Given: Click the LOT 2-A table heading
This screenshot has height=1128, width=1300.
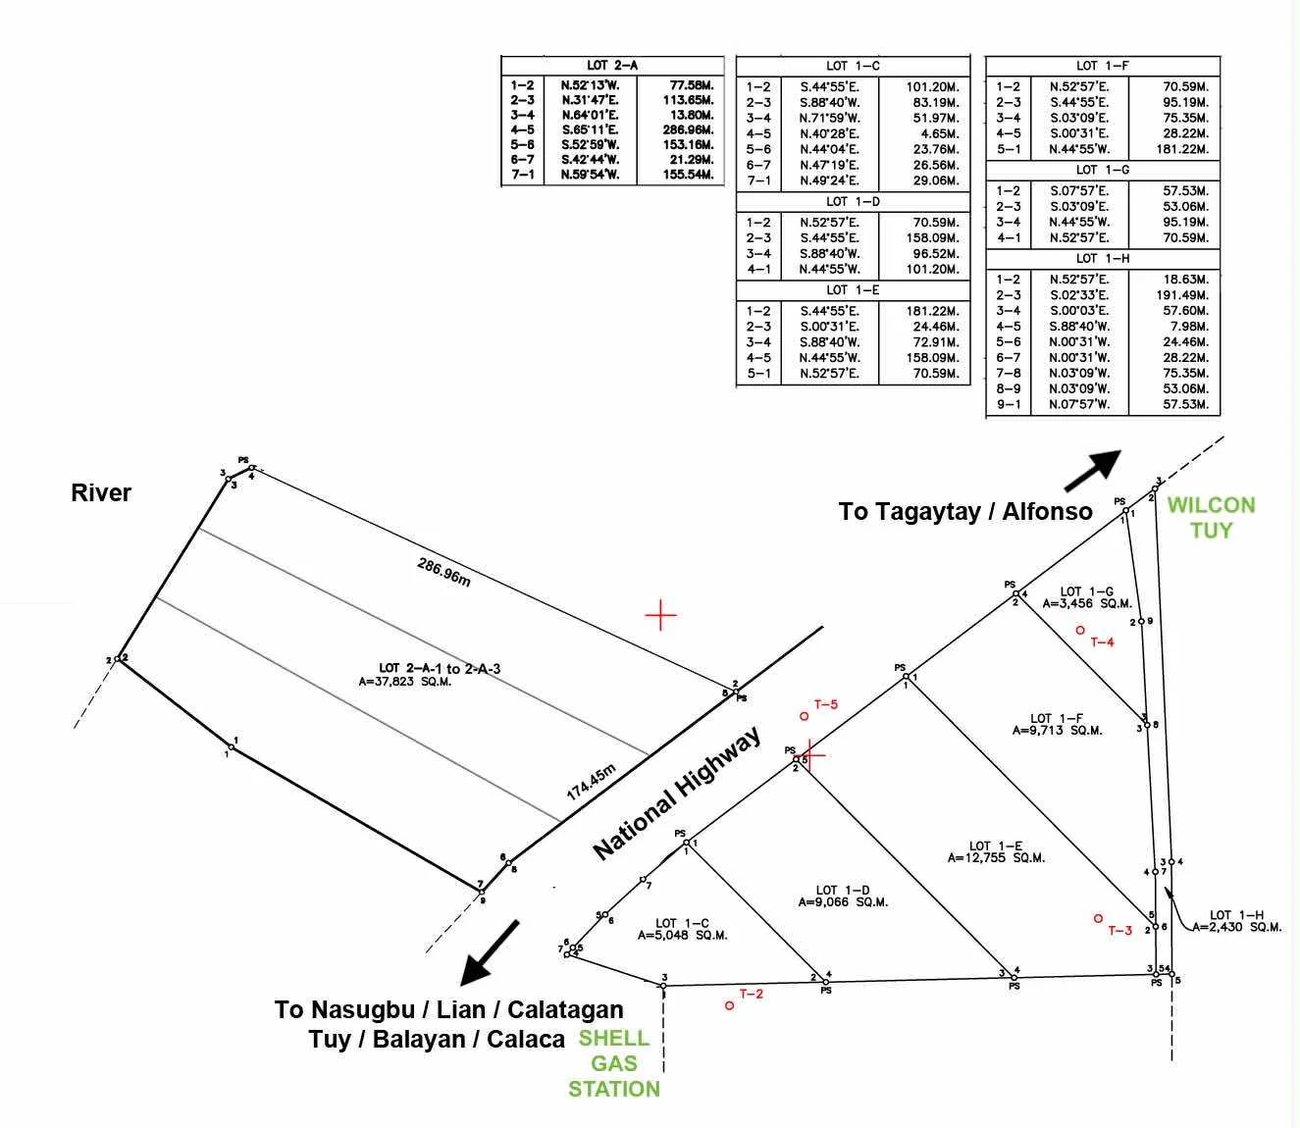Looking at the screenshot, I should click(612, 65).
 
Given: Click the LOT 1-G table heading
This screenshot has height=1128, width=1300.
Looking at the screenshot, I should click(1102, 170).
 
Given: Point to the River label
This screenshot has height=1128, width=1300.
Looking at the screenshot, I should click(101, 492).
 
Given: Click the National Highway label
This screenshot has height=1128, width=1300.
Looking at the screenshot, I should click(677, 795).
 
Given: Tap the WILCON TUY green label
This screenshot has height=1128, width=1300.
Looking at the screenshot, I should click(1211, 517).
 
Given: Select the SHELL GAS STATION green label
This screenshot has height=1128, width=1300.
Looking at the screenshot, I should click(614, 1063).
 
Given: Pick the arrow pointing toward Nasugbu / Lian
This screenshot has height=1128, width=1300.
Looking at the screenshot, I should click(490, 951).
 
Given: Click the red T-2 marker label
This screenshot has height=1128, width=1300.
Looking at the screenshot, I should click(751, 994).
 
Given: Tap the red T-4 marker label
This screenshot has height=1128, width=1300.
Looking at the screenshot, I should click(1102, 642).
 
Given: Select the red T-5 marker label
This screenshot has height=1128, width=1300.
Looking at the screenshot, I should click(826, 704).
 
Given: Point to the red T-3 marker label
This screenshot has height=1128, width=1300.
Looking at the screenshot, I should click(1119, 930).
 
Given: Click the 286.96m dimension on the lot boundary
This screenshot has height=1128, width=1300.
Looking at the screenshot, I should click(443, 572).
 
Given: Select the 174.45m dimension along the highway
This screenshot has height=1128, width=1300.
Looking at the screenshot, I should click(591, 781).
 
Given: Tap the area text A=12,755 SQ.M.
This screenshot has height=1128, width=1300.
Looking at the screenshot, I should click(996, 857).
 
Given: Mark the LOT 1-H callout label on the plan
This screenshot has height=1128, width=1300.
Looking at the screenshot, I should click(1236, 914).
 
